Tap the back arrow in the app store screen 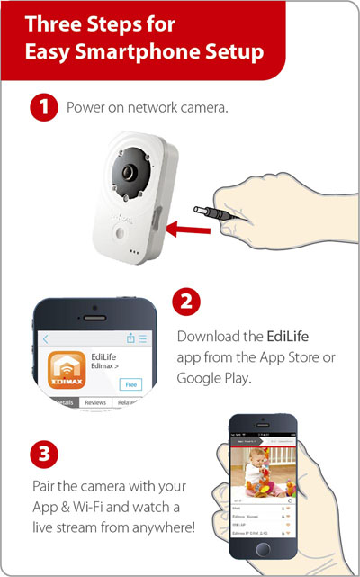46,339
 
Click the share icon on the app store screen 131,338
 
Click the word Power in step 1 85,108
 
